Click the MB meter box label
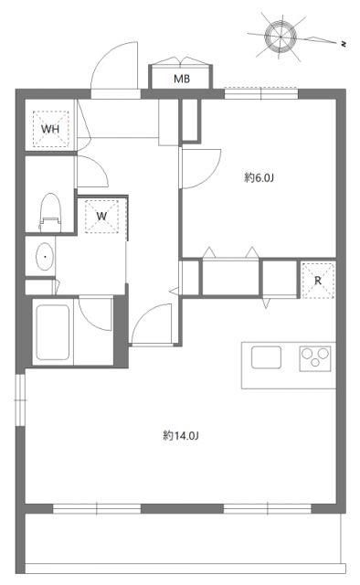click(182, 79)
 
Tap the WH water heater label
click(50, 129)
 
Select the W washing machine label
click(101, 216)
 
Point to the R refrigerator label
click(318, 281)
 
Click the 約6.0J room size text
click(259, 177)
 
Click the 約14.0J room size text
click(181, 435)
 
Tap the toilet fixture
click(50, 212)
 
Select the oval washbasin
click(45, 257)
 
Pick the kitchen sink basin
click(266, 357)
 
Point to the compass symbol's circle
click(281, 37)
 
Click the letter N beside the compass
click(344, 44)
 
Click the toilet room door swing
click(98, 165)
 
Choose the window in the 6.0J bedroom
click(261, 93)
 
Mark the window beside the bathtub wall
click(20, 399)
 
